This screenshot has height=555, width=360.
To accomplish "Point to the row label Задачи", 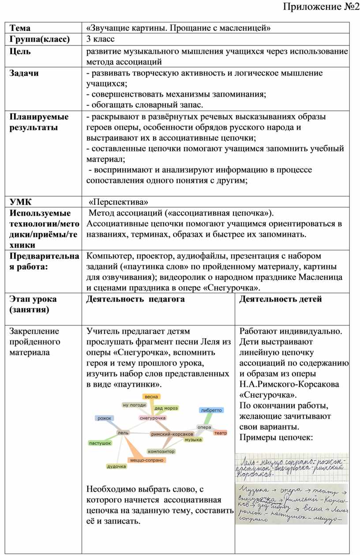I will coord(24,73).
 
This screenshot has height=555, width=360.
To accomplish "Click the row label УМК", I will coord(21,202).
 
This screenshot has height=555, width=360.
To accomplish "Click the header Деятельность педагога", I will coord(135,299).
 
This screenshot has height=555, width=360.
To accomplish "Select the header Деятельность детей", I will coord(281,299).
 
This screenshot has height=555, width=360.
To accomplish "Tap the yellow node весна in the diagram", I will coord(151,396).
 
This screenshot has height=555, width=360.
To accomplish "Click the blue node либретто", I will coord(211,410).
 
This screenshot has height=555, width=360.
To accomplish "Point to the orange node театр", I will coord(220,433).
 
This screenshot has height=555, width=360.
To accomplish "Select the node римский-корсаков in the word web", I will coord(172,434).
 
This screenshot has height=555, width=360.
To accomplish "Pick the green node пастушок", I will coord(100,443).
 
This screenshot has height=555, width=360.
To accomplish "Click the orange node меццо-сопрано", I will coord(147,460).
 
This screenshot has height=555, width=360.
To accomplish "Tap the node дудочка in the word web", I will coord(116,467).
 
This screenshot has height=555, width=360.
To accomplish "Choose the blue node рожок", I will coord(105,418).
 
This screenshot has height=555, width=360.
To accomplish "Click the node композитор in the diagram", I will coord(161,451).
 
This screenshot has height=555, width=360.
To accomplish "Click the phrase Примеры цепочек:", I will coord(276,438).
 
